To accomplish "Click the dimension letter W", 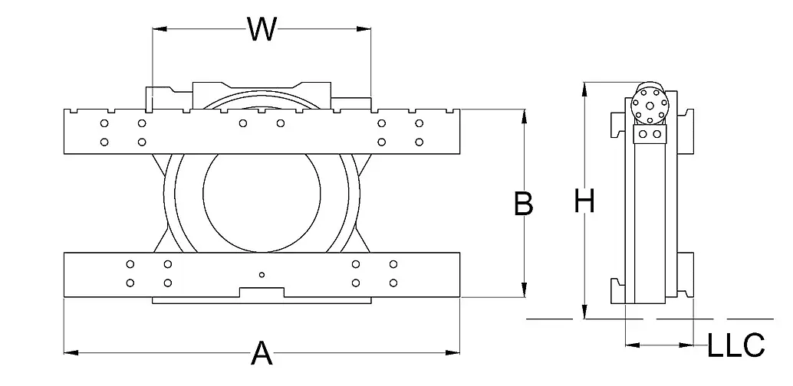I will [262, 29].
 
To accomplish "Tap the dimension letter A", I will [262, 354].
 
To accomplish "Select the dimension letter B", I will [523, 204].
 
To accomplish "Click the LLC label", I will [735, 345].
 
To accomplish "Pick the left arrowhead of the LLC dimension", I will [630, 345].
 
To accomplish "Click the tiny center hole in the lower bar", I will [262, 274].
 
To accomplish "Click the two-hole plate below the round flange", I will [650, 134].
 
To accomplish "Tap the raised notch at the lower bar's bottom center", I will [262, 292].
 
